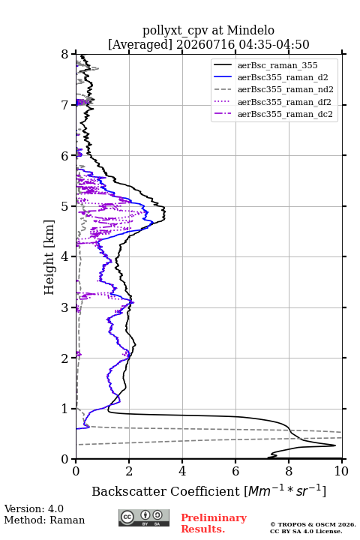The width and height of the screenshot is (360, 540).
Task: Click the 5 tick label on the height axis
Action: tap(65, 206)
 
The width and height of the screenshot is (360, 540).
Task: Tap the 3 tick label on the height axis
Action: tap(65, 307)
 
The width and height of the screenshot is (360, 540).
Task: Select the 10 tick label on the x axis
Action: tap(341, 471)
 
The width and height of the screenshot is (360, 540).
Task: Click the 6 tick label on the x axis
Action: tap(235, 471)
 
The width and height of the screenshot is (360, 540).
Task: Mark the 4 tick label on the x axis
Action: tap(182, 471)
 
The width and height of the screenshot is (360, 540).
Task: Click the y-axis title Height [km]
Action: tap(49, 257)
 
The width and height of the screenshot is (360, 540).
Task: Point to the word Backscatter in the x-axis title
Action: tap(126, 491)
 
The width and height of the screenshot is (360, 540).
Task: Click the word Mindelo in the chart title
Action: tap(250, 31)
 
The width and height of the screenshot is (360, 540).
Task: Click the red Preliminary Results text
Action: tap(214, 523)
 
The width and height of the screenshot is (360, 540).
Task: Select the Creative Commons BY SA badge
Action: tap(144, 518)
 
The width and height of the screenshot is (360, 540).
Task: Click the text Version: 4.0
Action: tap(34, 509)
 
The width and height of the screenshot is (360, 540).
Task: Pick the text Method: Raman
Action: tap(44, 520)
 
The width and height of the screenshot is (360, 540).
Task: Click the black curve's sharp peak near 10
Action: tap(335, 445)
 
